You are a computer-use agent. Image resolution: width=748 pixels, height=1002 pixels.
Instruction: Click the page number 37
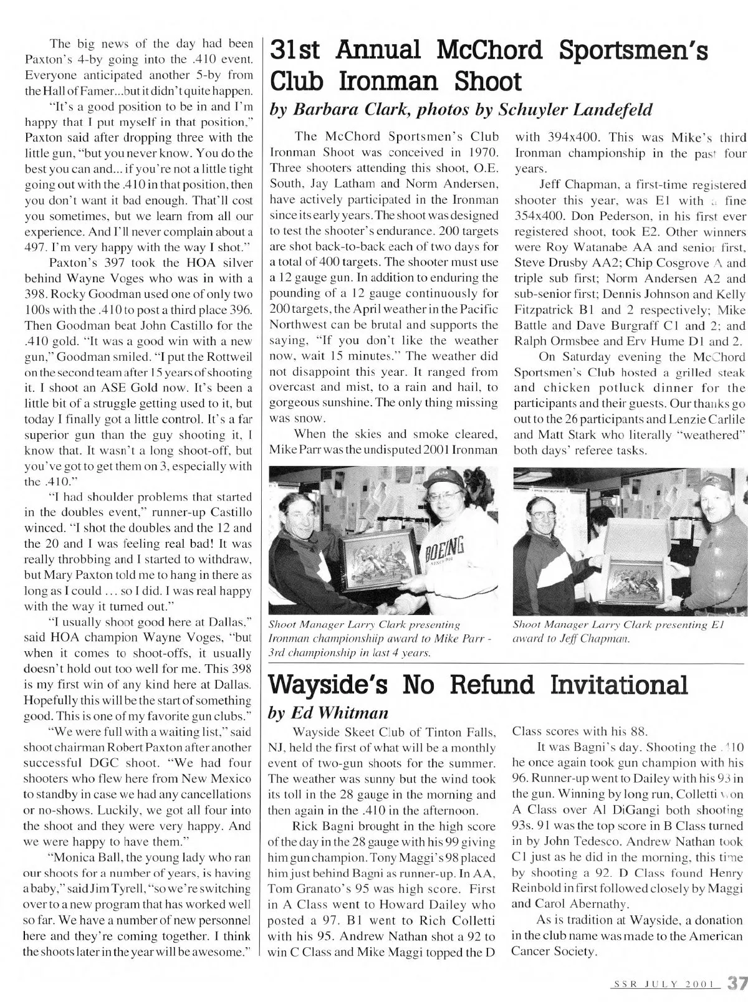click(x=736, y=983)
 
